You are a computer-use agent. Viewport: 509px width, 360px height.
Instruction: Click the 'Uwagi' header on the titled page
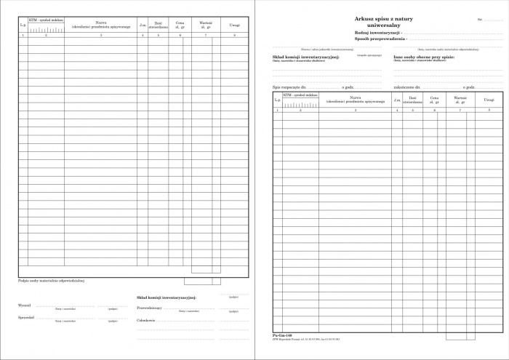click(x=489, y=100)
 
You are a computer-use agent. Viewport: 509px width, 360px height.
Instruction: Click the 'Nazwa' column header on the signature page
click(x=101, y=24)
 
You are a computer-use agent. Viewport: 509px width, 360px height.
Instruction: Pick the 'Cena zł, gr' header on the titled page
click(x=434, y=100)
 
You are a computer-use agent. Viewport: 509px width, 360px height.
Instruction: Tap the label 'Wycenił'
click(x=25, y=305)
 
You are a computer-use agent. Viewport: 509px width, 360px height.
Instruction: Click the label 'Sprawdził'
click(x=26, y=318)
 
